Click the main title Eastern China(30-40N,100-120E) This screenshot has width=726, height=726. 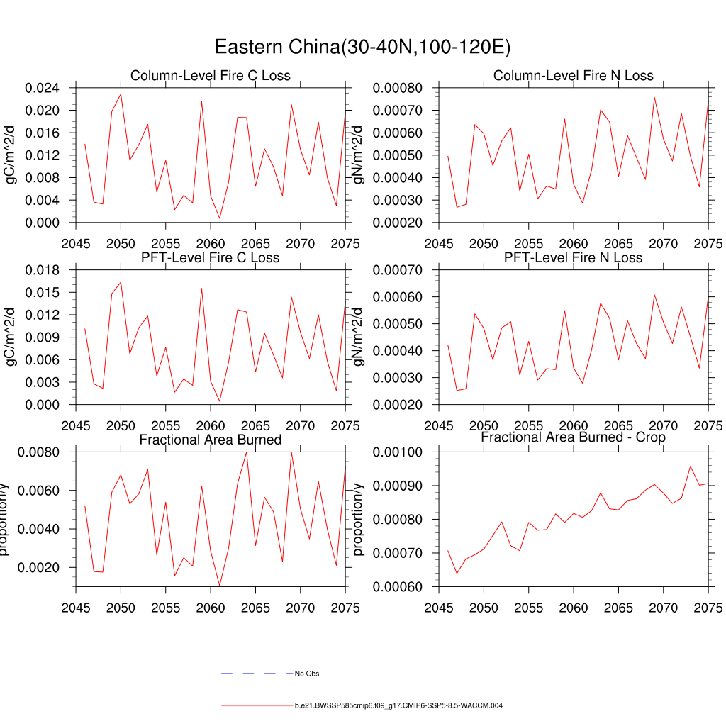click(x=362, y=48)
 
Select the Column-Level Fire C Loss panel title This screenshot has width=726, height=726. click(x=211, y=76)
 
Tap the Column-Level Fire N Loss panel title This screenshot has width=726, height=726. click(x=574, y=76)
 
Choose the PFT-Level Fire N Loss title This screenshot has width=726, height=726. click(x=574, y=257)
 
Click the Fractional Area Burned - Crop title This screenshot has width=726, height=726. click(x=574, y=437)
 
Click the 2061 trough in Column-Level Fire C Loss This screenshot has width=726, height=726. click(x=220, y=218)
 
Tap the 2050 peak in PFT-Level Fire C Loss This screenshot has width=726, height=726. click(x=121, y=282)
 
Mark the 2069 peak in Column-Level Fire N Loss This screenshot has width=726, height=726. click(x=654, y=97)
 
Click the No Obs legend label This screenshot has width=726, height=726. click(x=307, y=674)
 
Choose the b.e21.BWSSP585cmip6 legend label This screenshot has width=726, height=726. click(x=398, y=706)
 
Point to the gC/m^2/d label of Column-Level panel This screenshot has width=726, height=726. click(x=10, y=155)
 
